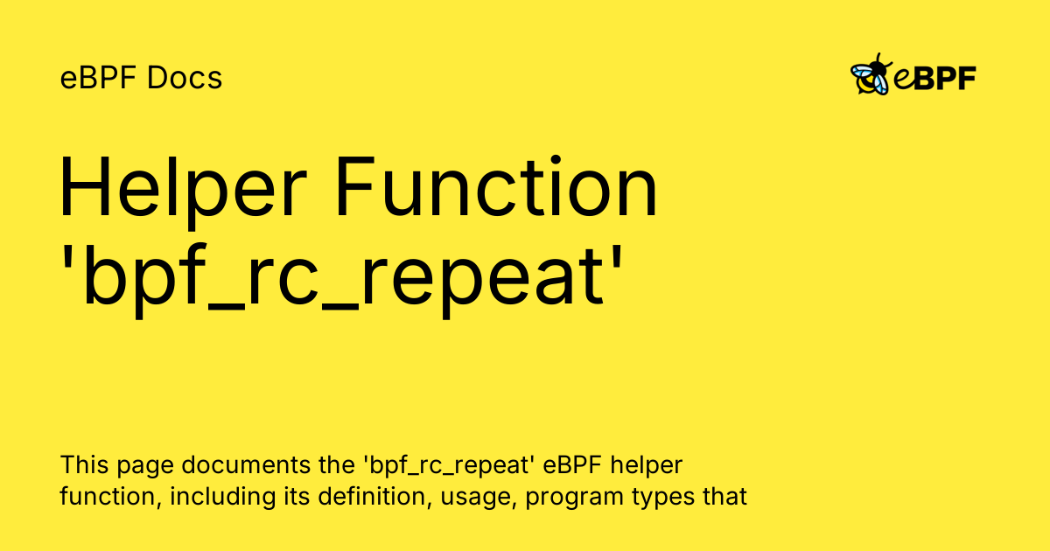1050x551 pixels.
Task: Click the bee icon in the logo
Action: click(x=871, y=75)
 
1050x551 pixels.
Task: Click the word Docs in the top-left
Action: click(x=185, y=79)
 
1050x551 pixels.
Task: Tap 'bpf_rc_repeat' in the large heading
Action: click(x=345, y=278)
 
